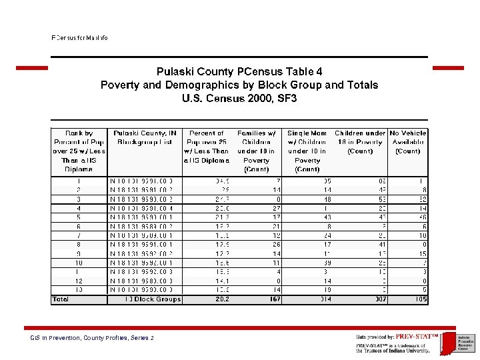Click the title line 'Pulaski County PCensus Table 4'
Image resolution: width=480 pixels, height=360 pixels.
[x=239, y=71]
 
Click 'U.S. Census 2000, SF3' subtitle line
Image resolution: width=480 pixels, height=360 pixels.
[x=239, y=99]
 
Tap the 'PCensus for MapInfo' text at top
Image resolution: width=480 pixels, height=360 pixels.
[x=80, y=38]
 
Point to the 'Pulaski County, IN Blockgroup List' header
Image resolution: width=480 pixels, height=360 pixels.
[x=145, y=137]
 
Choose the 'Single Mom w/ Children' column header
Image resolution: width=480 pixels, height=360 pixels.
[x=307, y=151]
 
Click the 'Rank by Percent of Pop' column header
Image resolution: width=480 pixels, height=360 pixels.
[x=79, y=151]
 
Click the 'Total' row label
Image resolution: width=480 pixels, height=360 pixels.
[x=61, y=299]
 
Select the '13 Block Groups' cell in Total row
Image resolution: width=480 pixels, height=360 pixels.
[x=153, y=299]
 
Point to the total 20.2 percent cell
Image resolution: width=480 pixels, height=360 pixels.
[x=221, y=299]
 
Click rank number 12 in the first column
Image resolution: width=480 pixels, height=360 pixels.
[x=79, y=281]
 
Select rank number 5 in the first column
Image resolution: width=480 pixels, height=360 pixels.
[x=79, y=217]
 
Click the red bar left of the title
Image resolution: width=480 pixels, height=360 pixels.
[x=32, y=68]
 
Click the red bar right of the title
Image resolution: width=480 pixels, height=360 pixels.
[x=448, y=68]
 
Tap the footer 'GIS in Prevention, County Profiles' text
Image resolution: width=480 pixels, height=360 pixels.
[x=93, y=338]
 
